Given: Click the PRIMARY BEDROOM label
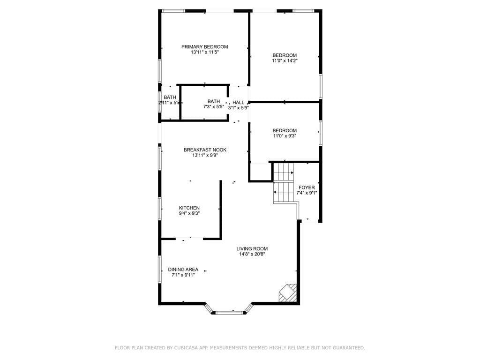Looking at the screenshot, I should pyautogui.click(x=205, y=46).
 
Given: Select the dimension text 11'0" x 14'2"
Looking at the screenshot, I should pyautogui.click(x=285, y=60).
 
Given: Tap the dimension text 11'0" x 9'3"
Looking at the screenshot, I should pyautogui.click(x=285, y=136).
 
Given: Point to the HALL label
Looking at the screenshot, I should pyautogui.click(x=238, y=102).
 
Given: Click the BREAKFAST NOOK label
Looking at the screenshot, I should pyautogui.click(x=205, y=150).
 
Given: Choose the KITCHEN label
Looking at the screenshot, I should pyautogui.click(x=189, y=208).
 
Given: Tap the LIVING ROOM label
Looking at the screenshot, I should pyautogui.click(x=252, y=248).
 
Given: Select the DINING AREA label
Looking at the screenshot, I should pyautogui.click(x=183, y=270).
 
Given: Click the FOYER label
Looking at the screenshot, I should pyautogui.click(x=307, y=187).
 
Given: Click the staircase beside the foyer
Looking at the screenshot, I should pyautogui.click(x=283, y=183).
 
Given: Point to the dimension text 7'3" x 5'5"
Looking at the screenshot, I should pyautogui.click(x=214, y=107).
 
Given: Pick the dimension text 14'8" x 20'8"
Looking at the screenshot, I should pyautogui.click(x=252, y=254).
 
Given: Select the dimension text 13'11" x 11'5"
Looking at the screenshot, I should pyautogui.click(x=205, y=52).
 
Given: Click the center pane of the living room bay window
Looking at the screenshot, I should pyautogui.click(x=229, y=312).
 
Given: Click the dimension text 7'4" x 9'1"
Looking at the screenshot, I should pyautogui.click(x=307, y=193).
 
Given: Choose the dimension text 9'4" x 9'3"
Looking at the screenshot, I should pyautogui.click(x=189, y=213).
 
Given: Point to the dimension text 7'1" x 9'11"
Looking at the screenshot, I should pyautogui.click(x=183, y=275).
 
